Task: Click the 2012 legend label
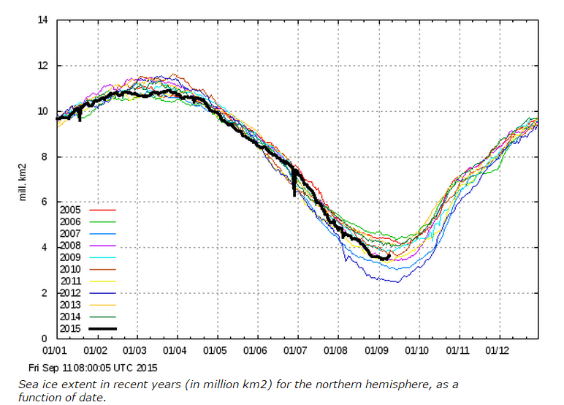[72, 292]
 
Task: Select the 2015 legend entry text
[72, 328]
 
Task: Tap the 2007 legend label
[72, 233]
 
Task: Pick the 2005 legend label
[72, 209]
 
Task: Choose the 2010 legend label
[72, 268]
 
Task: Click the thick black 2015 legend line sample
[103, 328]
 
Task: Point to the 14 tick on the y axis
[43, 20]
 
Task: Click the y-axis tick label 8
[45, 156]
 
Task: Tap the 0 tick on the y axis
[45, 338]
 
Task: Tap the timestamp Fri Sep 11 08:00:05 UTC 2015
[92, 368]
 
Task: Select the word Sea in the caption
[28, 384]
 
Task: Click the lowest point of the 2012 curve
[397, 281]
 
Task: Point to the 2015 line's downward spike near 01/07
[294, 194]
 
